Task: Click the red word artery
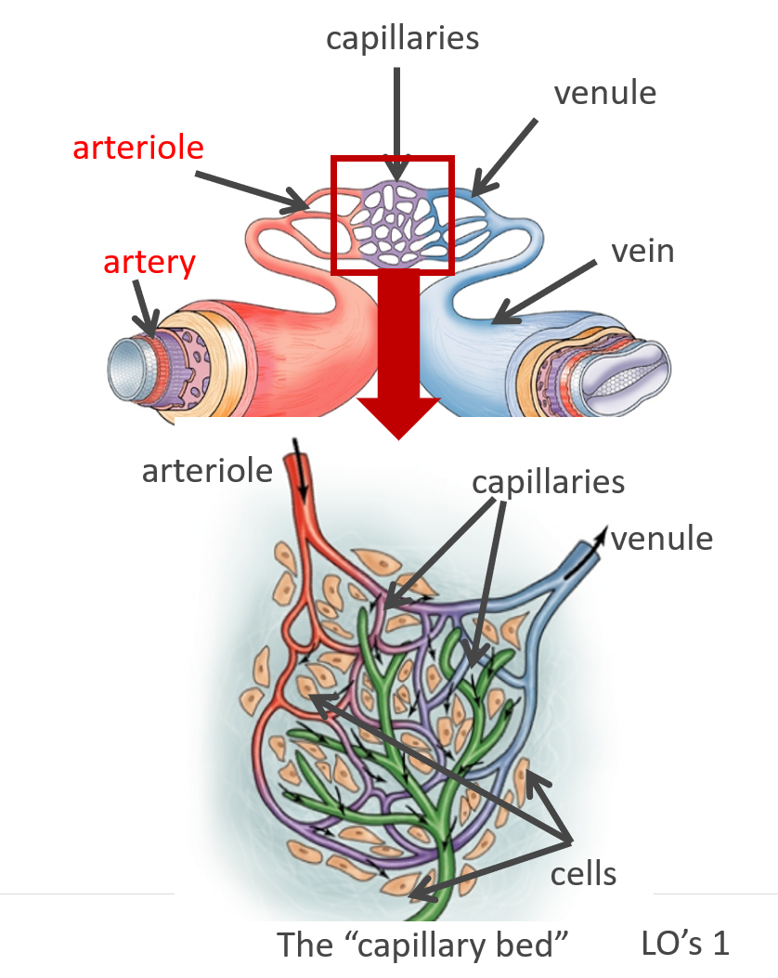[149, 263]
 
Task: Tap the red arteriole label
[138, 147]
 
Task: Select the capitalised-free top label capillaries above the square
[402, 38]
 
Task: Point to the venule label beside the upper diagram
[604, 93]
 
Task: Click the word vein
[642, 251]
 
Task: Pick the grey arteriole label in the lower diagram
[207, 470]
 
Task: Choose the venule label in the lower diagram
[663, 539]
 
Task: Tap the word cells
[583, 873]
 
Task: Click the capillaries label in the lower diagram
[548, 483]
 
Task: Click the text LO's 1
[685, 943]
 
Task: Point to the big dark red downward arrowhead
[398, 413]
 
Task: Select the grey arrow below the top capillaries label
[397, 121]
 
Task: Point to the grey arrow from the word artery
[143, 306]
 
